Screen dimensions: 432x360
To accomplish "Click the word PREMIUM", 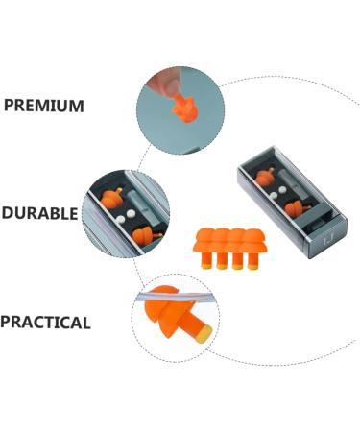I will [x=43, y=106].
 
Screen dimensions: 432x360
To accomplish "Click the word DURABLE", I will [x=39, y=213].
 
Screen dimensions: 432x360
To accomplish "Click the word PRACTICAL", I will [x=45, y=323].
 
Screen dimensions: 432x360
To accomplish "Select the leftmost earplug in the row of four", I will [x=204, y=244].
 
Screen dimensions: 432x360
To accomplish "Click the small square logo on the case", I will [x=330, y=229].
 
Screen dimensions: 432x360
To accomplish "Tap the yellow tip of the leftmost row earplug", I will [x=206, y=263].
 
